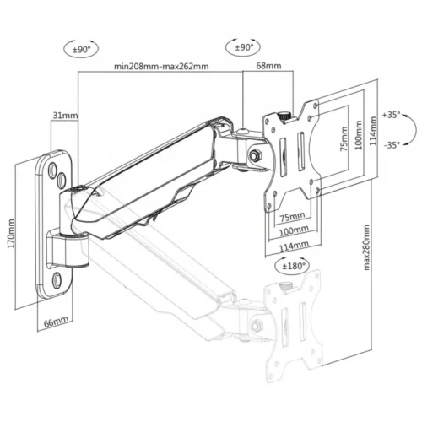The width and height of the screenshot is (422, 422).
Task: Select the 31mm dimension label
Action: [x=64, y=115]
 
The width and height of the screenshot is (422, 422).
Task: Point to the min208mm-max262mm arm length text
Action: [x=160, y=66]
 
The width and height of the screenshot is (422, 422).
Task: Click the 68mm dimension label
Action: [x=268, y=66]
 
